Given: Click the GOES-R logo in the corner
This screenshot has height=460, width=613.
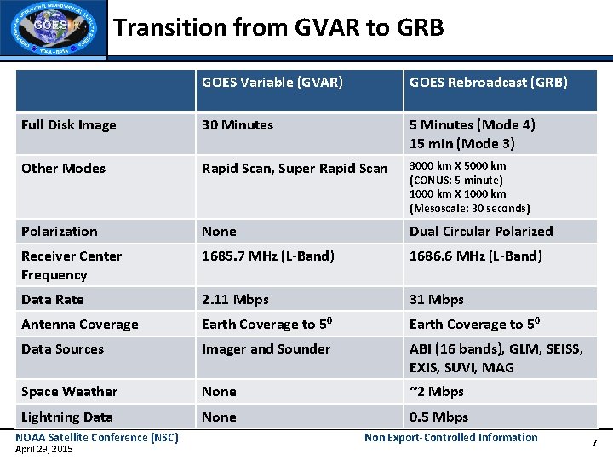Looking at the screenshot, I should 54,28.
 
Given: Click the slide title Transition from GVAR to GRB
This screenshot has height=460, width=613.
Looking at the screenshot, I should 279,28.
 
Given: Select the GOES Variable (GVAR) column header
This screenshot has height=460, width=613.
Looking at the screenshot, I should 272,83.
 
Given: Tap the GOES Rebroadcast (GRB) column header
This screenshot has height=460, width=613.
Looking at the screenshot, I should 489,83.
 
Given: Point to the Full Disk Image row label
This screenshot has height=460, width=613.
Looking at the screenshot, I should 68,125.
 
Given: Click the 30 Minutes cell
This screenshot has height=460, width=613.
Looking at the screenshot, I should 238,125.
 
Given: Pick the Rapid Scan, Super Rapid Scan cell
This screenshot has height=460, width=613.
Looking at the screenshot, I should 295,169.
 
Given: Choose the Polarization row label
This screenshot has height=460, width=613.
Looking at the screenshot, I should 60,232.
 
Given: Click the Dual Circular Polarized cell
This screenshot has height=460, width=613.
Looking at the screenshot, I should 481,232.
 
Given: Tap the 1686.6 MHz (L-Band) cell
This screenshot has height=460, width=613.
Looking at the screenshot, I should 476,256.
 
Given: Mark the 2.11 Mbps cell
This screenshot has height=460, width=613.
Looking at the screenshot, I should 235,300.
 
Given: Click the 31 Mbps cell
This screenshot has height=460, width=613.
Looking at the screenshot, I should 437,300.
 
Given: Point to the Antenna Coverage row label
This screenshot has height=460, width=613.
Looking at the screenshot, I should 79,325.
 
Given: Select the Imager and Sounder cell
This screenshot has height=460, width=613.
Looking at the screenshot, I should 266,349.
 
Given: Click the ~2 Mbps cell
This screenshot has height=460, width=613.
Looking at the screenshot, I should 437,392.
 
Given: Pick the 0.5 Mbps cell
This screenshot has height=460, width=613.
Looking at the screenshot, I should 438,417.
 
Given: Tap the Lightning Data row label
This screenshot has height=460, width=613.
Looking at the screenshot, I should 67,417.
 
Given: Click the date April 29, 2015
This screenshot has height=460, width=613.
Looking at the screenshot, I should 44,449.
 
